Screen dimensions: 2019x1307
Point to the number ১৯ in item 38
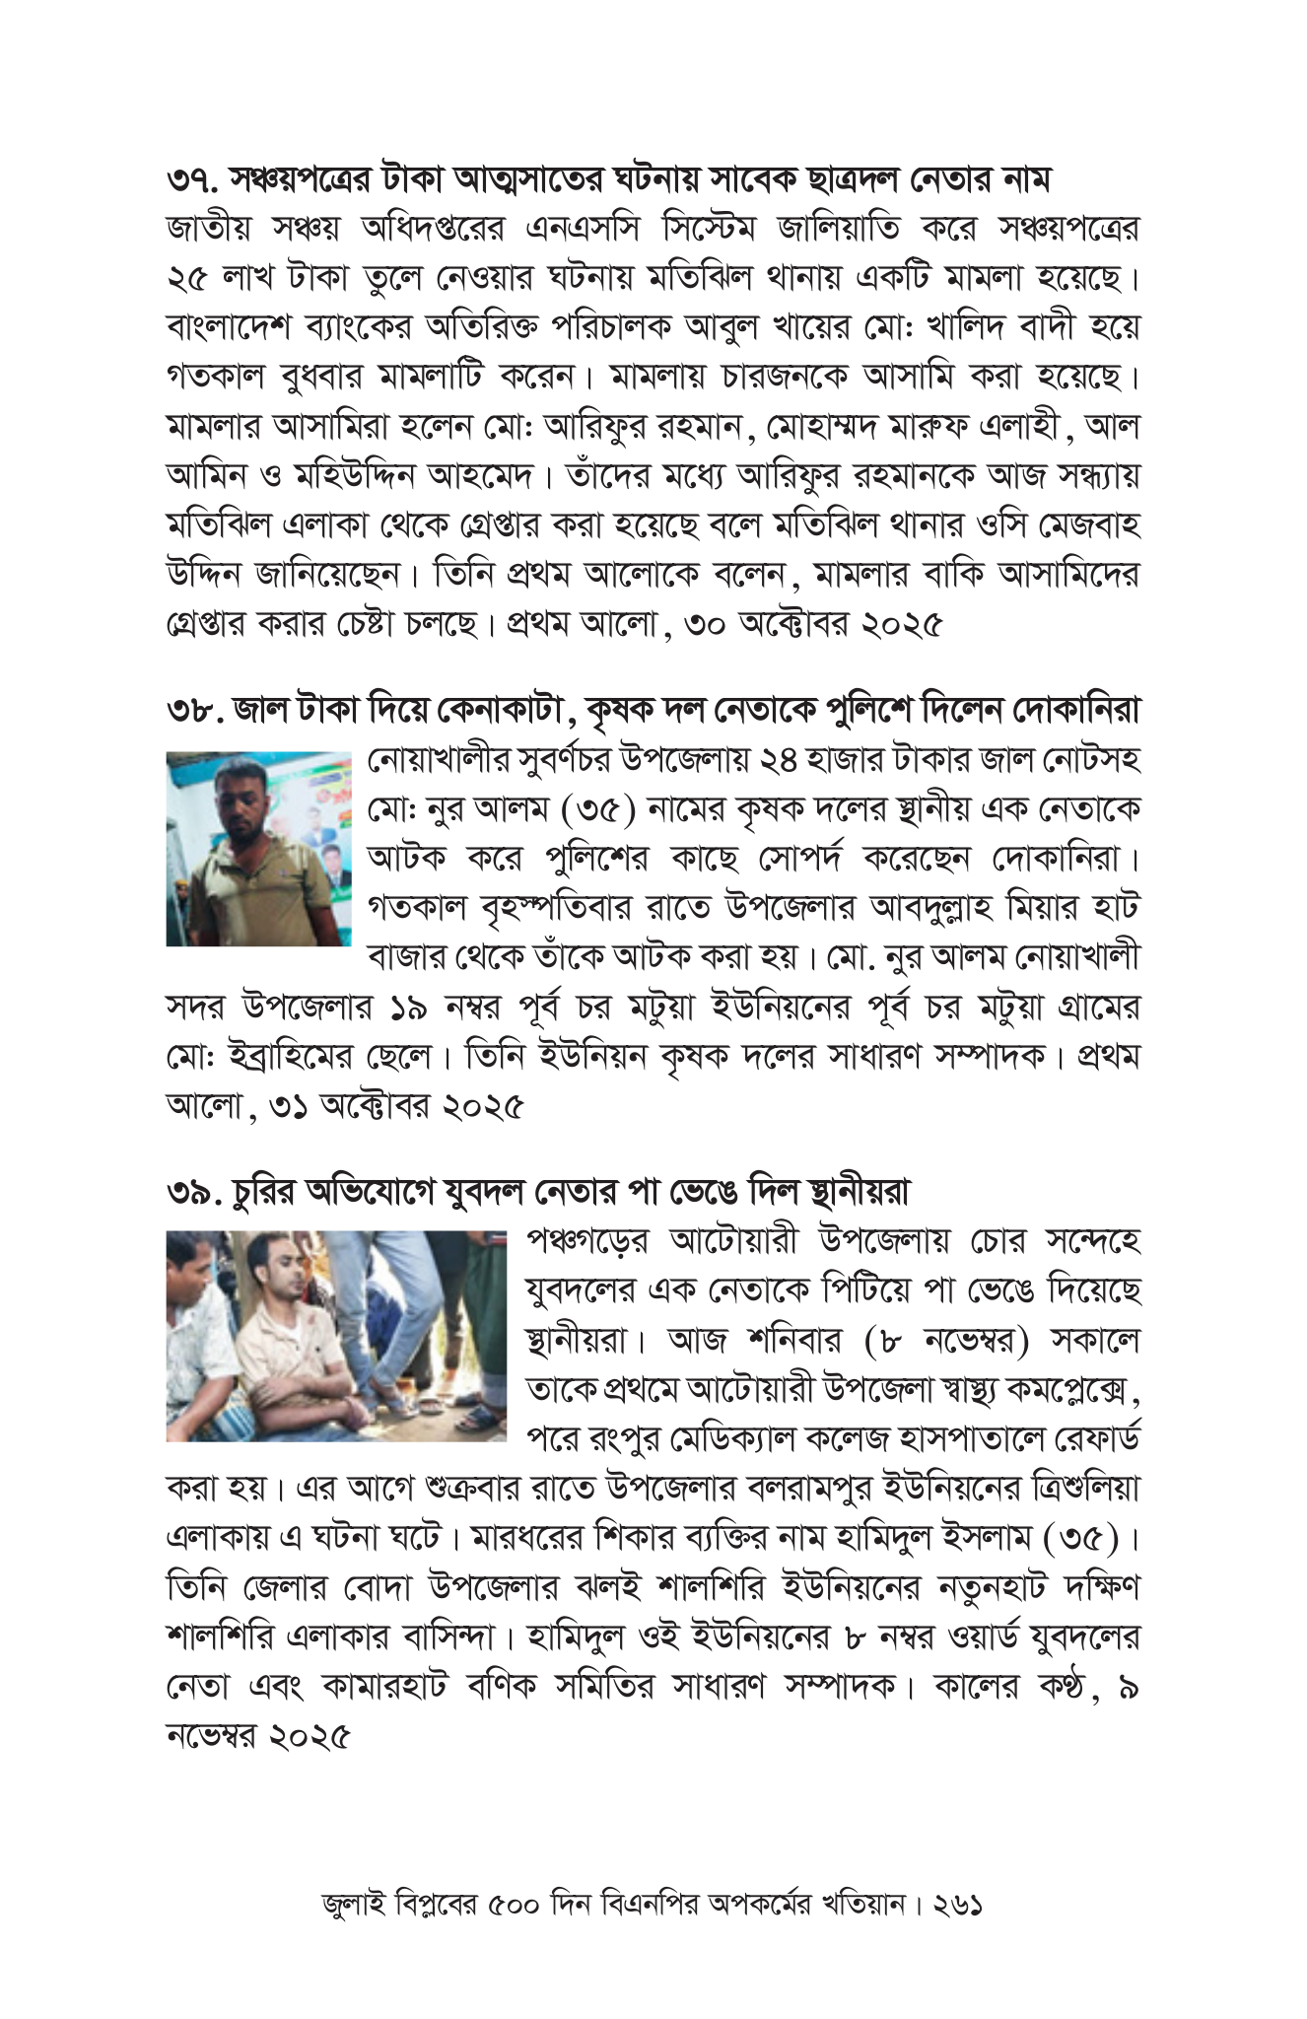(411, 1009)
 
